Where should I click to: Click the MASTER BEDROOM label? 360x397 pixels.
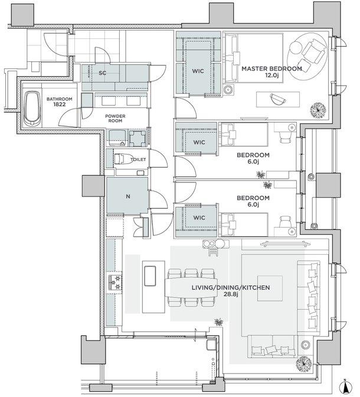[x=271, y=68]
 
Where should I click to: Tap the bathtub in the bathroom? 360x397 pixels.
[x=32, y=109]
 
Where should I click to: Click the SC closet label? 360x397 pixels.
[x=102, y=73]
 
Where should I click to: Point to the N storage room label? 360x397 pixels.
[x=128, y=196]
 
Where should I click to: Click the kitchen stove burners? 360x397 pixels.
[x=115, y=283]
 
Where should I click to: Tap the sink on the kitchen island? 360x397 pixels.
[x=150, y=276]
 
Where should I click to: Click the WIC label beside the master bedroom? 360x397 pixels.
[x=198, y=71]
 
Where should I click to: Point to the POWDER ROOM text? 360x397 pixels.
[x=115, y=119]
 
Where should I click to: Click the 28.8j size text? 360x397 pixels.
[x=231, y=294]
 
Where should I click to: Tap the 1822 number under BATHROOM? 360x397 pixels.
[x=59, y=104]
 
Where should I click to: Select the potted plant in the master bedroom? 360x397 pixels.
[x=318, y=110]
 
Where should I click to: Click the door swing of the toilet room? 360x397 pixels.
[x=158, y=158]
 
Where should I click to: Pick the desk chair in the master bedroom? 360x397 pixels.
[x=278, y=99]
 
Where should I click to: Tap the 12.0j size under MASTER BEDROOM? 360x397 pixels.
[x=272, y=75]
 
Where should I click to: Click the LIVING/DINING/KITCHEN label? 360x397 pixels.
[x=231, y=288]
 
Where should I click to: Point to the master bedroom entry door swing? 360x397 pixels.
[x=186, y=108]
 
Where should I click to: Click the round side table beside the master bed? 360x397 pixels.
[x=228, y=90]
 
